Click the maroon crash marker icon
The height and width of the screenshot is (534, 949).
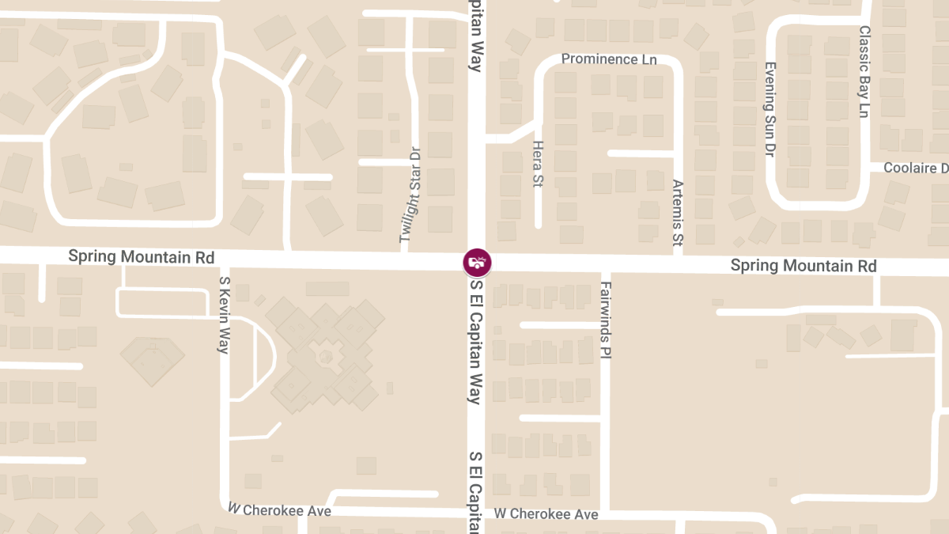(x=477, y=262)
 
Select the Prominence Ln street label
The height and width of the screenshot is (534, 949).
(x=609, y=59)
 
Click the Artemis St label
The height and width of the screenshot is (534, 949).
(x=677, y=211)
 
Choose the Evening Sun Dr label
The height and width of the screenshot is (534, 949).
(x=769, y=109)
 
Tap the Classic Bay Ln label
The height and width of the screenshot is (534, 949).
(x=864, y=72)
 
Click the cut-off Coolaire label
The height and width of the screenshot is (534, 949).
(x=915, y=169)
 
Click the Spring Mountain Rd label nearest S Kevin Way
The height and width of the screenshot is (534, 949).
(x=141, y=257)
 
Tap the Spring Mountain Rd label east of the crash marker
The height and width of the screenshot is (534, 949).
(x=803, y=266)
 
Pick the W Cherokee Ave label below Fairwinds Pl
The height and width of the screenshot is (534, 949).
(x=546, y=514)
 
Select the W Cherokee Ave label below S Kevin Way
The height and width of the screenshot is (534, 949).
(x=279, y=510)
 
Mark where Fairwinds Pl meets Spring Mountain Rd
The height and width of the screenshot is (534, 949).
(x=606, y=265)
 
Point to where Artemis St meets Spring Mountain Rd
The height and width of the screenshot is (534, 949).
(x=679, y=264)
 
